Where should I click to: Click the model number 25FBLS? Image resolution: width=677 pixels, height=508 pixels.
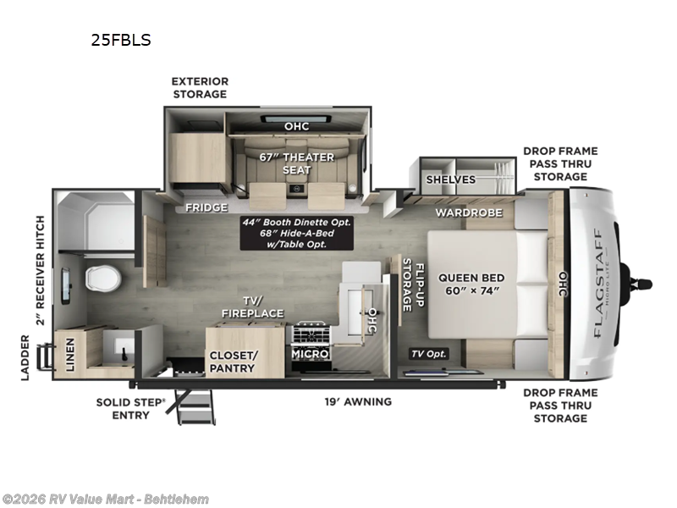(x=120, y=39)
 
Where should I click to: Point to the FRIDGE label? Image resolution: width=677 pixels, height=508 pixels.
(x=207, y=207)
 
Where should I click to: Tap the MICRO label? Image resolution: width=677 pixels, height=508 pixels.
(x=310, y=353)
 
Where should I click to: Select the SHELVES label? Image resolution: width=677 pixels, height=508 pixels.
(x=450, y=179)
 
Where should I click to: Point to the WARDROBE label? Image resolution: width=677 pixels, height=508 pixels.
(x=469, y=212)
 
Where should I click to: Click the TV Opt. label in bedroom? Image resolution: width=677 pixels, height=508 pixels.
(x=430, y=354)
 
